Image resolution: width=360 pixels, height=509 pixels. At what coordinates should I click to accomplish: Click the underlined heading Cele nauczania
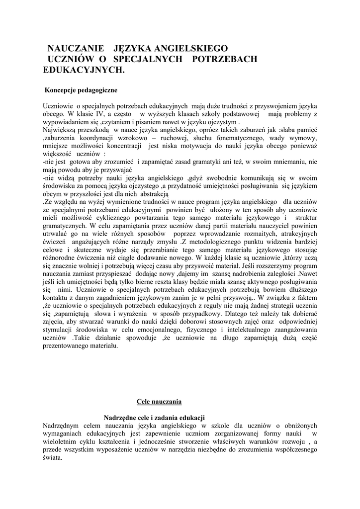coord(159,401)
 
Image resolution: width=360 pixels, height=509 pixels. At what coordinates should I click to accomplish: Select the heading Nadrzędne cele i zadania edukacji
coord(154,418)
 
